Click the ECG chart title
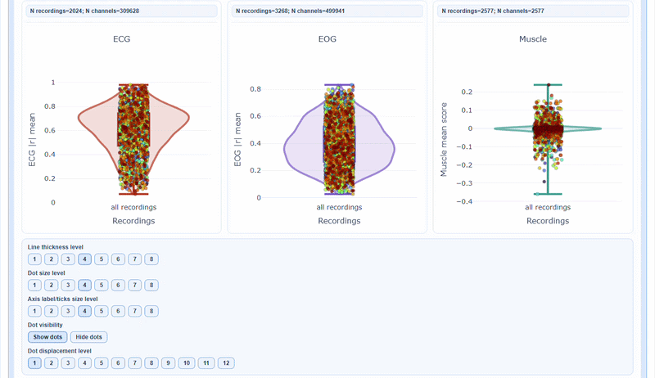point(121,38)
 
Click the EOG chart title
point(327,38)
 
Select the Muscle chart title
point(533,38)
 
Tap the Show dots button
point(47,337)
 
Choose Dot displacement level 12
point(226,363)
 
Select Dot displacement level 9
point(168,363)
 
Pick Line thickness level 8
point(151,259)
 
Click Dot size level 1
point(34,286)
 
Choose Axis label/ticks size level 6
point(118,311)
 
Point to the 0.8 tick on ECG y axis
point(50,106)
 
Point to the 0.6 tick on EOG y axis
point(255,116)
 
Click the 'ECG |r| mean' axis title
point(34,142)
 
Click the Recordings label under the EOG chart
point(339,221)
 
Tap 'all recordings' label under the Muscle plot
point(548,208)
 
